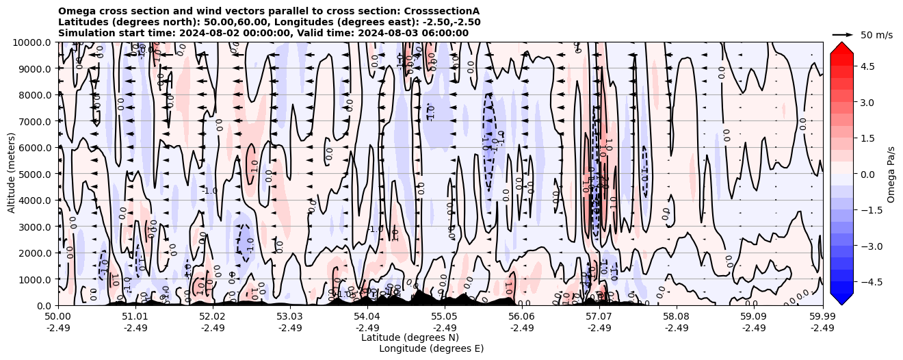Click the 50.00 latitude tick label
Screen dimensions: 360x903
pos(58,317)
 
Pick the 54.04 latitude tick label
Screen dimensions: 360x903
pos(367,317)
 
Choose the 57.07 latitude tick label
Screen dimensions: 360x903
pos(599,317)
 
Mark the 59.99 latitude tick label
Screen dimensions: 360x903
pos(822,317)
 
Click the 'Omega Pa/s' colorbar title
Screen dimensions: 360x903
pos(891,174)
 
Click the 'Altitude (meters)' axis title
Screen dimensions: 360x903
pos(12,174)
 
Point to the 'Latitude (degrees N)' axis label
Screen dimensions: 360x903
pos(410,337)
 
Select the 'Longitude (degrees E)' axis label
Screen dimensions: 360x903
pos(431,348)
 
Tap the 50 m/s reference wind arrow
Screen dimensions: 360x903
pos(843,34)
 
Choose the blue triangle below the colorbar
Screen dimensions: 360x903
pos(841,298)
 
